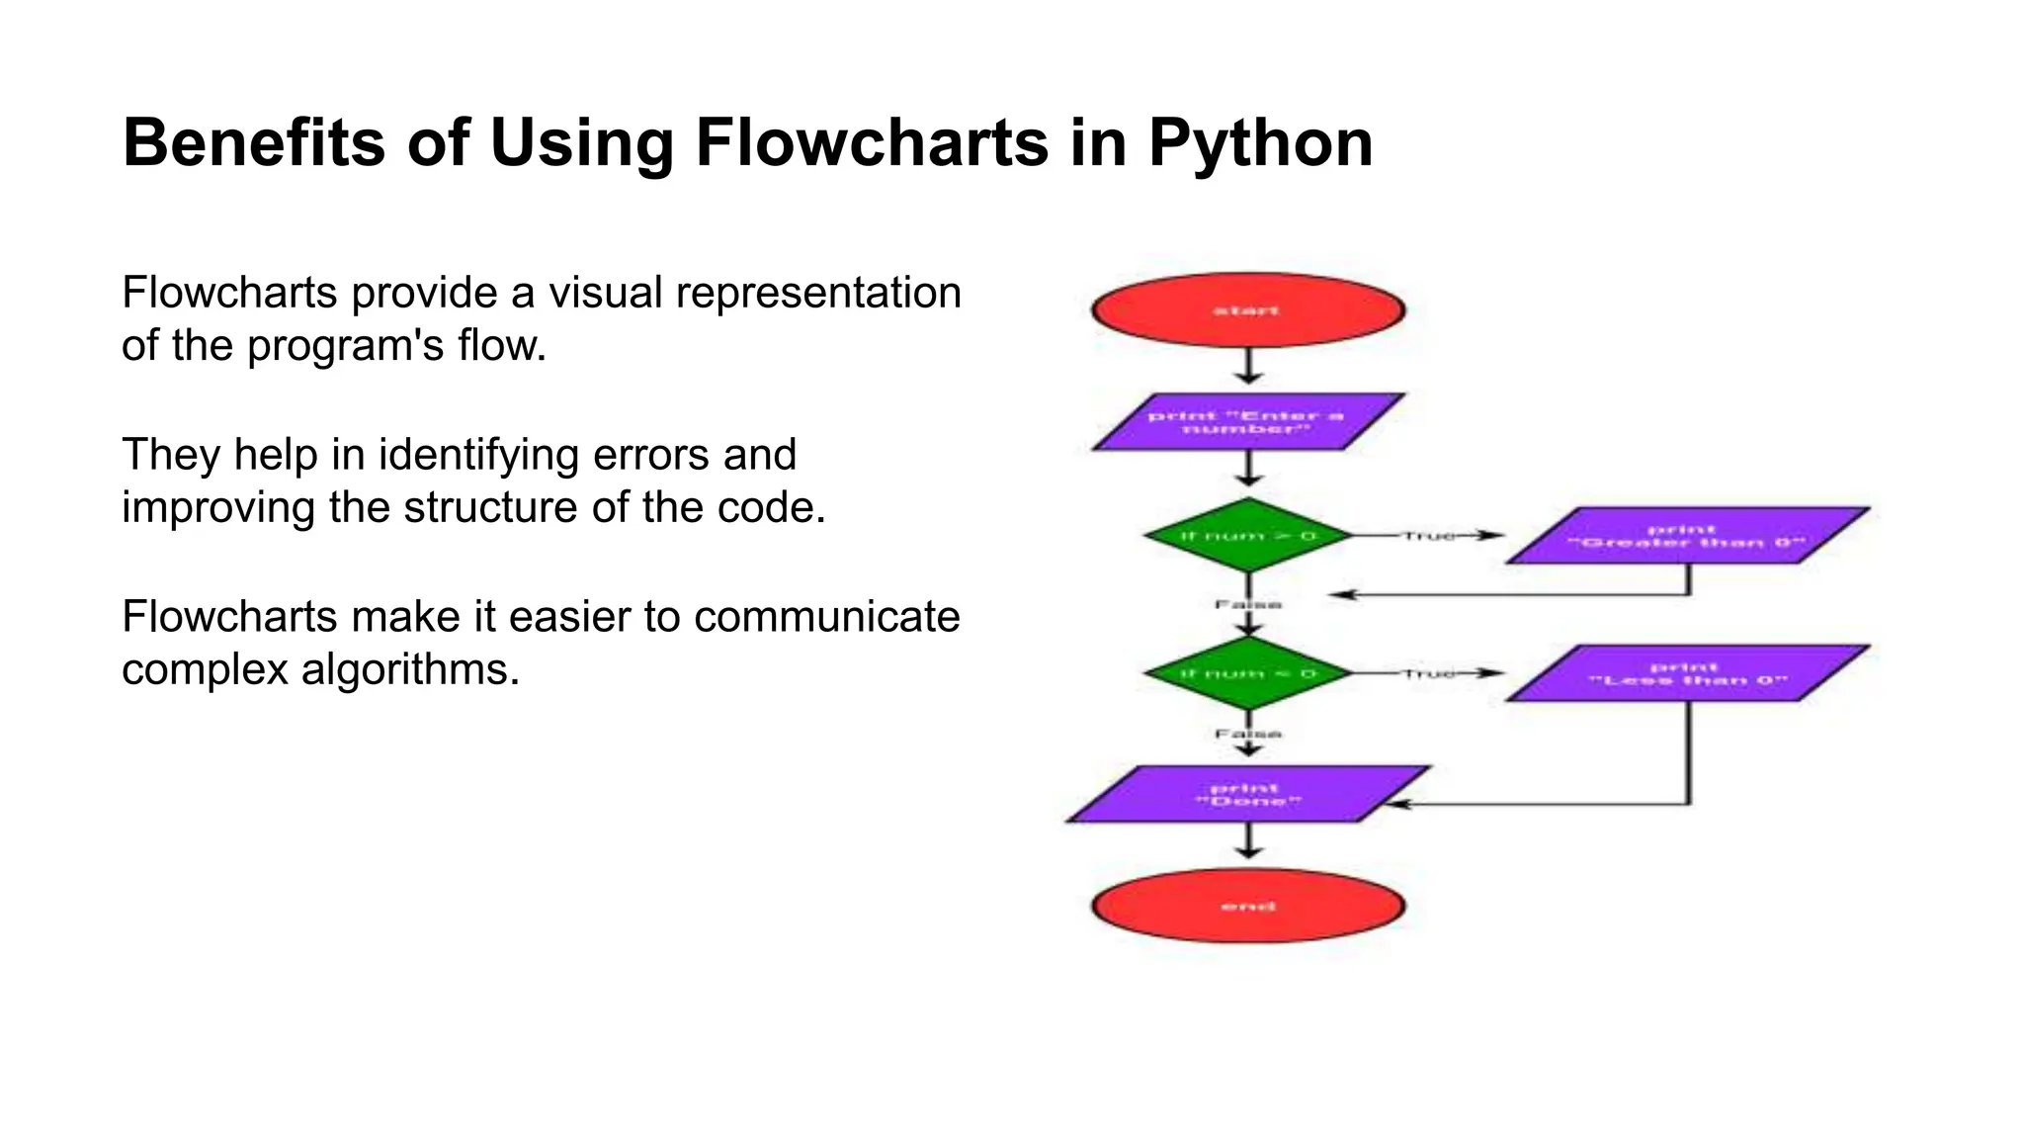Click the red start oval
[1248, 310]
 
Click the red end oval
[1248, 906]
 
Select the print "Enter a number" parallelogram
[1247, 422]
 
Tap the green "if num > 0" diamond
[1248, 536]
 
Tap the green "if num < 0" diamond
[1248, 673]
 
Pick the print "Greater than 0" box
[1687, 536]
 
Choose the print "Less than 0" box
[1687, 673]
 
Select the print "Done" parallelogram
[1247, 794]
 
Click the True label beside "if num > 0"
[1429, 536]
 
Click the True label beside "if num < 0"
[1429, 673]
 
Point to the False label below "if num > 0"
[1248, 604]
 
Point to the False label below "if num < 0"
[1248, 734]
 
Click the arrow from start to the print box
[1249, 366]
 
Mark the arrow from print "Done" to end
[1249, 841]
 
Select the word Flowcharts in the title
[872, 143]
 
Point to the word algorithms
[410, 669]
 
